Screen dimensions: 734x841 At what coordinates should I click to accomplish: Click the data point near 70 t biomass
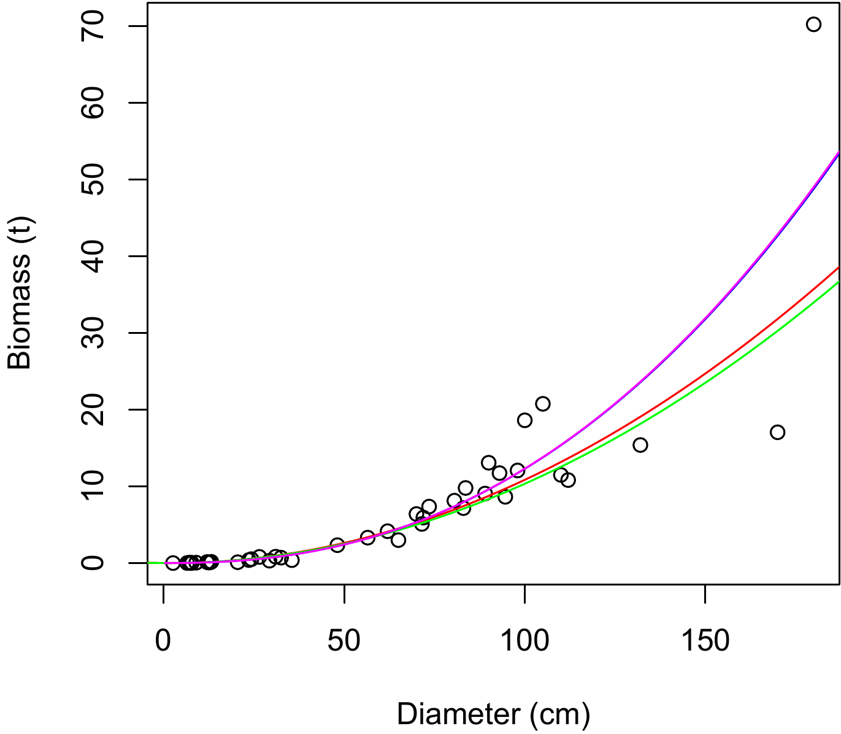[813, 25]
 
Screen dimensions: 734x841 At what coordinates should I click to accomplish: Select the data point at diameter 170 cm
[777, 432]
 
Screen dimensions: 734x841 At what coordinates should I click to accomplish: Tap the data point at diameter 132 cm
[640, 445]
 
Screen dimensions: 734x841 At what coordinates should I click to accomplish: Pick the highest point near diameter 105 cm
[542, 404]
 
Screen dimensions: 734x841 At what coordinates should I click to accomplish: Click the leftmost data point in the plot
[173, 563]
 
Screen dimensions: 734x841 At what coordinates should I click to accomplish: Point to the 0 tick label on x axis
[163, 641]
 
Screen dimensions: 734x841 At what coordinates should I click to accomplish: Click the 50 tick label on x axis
[344, 641]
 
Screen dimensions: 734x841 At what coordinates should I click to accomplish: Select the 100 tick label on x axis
[524, 641]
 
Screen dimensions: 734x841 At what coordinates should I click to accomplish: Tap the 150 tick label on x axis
[705, 641]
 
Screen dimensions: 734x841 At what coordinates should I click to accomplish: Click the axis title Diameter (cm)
[493, 714]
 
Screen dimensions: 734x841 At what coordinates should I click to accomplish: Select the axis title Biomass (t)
[20, 293]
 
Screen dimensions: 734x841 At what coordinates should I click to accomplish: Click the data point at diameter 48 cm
[337, 545]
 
